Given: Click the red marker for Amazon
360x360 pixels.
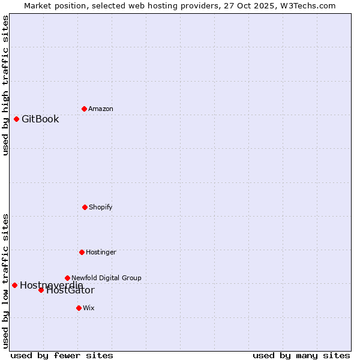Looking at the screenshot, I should [x=84, y=109].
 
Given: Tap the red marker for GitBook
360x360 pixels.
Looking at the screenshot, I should [x=16, y=119].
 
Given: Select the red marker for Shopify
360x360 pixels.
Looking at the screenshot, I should [x=85, y=207].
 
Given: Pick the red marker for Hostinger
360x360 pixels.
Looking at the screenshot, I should [x=82, y=252].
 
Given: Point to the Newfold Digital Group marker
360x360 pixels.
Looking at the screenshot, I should [x=67, y=278].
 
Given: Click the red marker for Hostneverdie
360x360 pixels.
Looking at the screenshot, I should [x=14, y=285].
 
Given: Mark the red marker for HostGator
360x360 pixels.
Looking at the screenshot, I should [x=41, y=290].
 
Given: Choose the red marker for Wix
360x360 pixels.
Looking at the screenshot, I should [x=79, y=308].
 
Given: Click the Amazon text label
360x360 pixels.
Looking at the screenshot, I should [x=101, y=109].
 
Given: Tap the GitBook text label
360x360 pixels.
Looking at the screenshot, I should [x=40, y=119].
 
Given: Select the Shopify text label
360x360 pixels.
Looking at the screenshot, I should [x=101, y=207].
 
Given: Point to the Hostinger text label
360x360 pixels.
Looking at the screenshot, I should [x=101, y=252].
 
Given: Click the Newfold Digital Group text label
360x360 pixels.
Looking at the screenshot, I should [x=106, y=278].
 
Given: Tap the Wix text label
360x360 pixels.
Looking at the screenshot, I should [x=89, y=308].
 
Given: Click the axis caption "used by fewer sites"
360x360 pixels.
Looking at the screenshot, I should [x=62, y=355].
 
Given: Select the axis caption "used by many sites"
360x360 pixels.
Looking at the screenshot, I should [x=301, y=355].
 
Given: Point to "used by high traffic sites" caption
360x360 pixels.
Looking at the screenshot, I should [x=5, y=85].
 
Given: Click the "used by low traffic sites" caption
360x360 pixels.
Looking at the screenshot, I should [x=5, y=280].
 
